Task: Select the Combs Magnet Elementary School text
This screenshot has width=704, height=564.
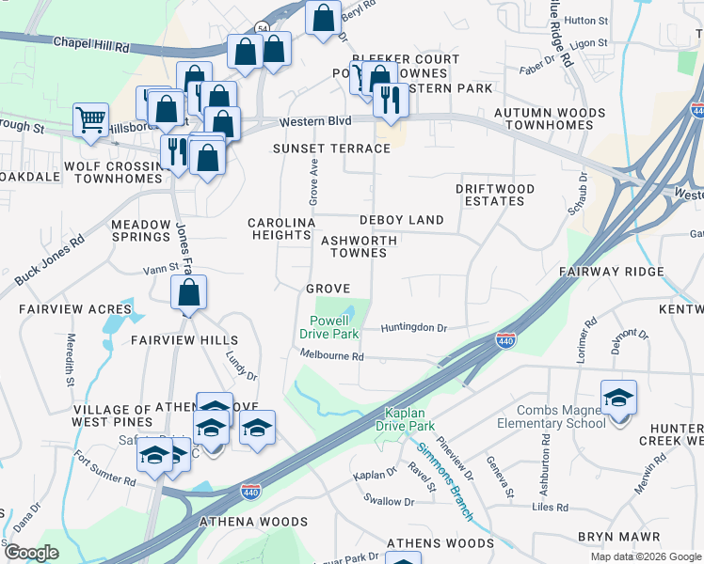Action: [561, 416]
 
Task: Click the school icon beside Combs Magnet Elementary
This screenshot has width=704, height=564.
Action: [618, 399]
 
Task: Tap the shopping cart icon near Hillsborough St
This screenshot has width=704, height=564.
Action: [90, 121]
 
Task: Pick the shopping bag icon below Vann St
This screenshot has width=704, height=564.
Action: [189, 293]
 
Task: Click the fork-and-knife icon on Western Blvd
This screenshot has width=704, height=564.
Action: [391, 100]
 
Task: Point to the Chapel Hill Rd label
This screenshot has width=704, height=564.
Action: [89, 42]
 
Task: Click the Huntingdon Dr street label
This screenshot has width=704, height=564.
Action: [413, 328]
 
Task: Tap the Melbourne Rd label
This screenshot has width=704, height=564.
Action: [331, 356]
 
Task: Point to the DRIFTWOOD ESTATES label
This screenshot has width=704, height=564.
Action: [495, 195]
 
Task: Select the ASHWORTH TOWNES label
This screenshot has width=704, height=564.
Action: [359, 247]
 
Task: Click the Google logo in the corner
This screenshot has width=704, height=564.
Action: [31, 553]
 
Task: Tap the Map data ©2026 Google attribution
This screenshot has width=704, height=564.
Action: [646, 556]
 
